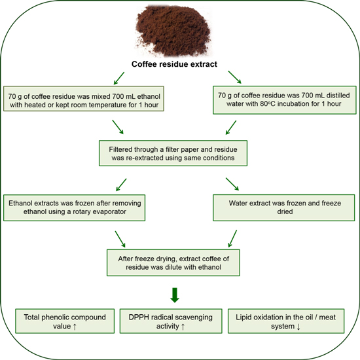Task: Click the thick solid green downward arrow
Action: [x=175, y=295]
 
